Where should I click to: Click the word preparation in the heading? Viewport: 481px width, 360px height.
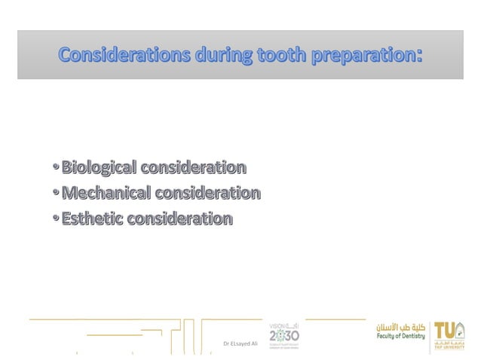360,56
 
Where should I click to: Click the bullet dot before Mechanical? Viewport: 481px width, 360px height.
57,194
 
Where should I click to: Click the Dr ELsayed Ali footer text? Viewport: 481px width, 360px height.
240,343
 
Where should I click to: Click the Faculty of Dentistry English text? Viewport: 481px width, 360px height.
402,337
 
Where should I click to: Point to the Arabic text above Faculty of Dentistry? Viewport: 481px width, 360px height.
402,327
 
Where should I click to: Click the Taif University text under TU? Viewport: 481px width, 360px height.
450,348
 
